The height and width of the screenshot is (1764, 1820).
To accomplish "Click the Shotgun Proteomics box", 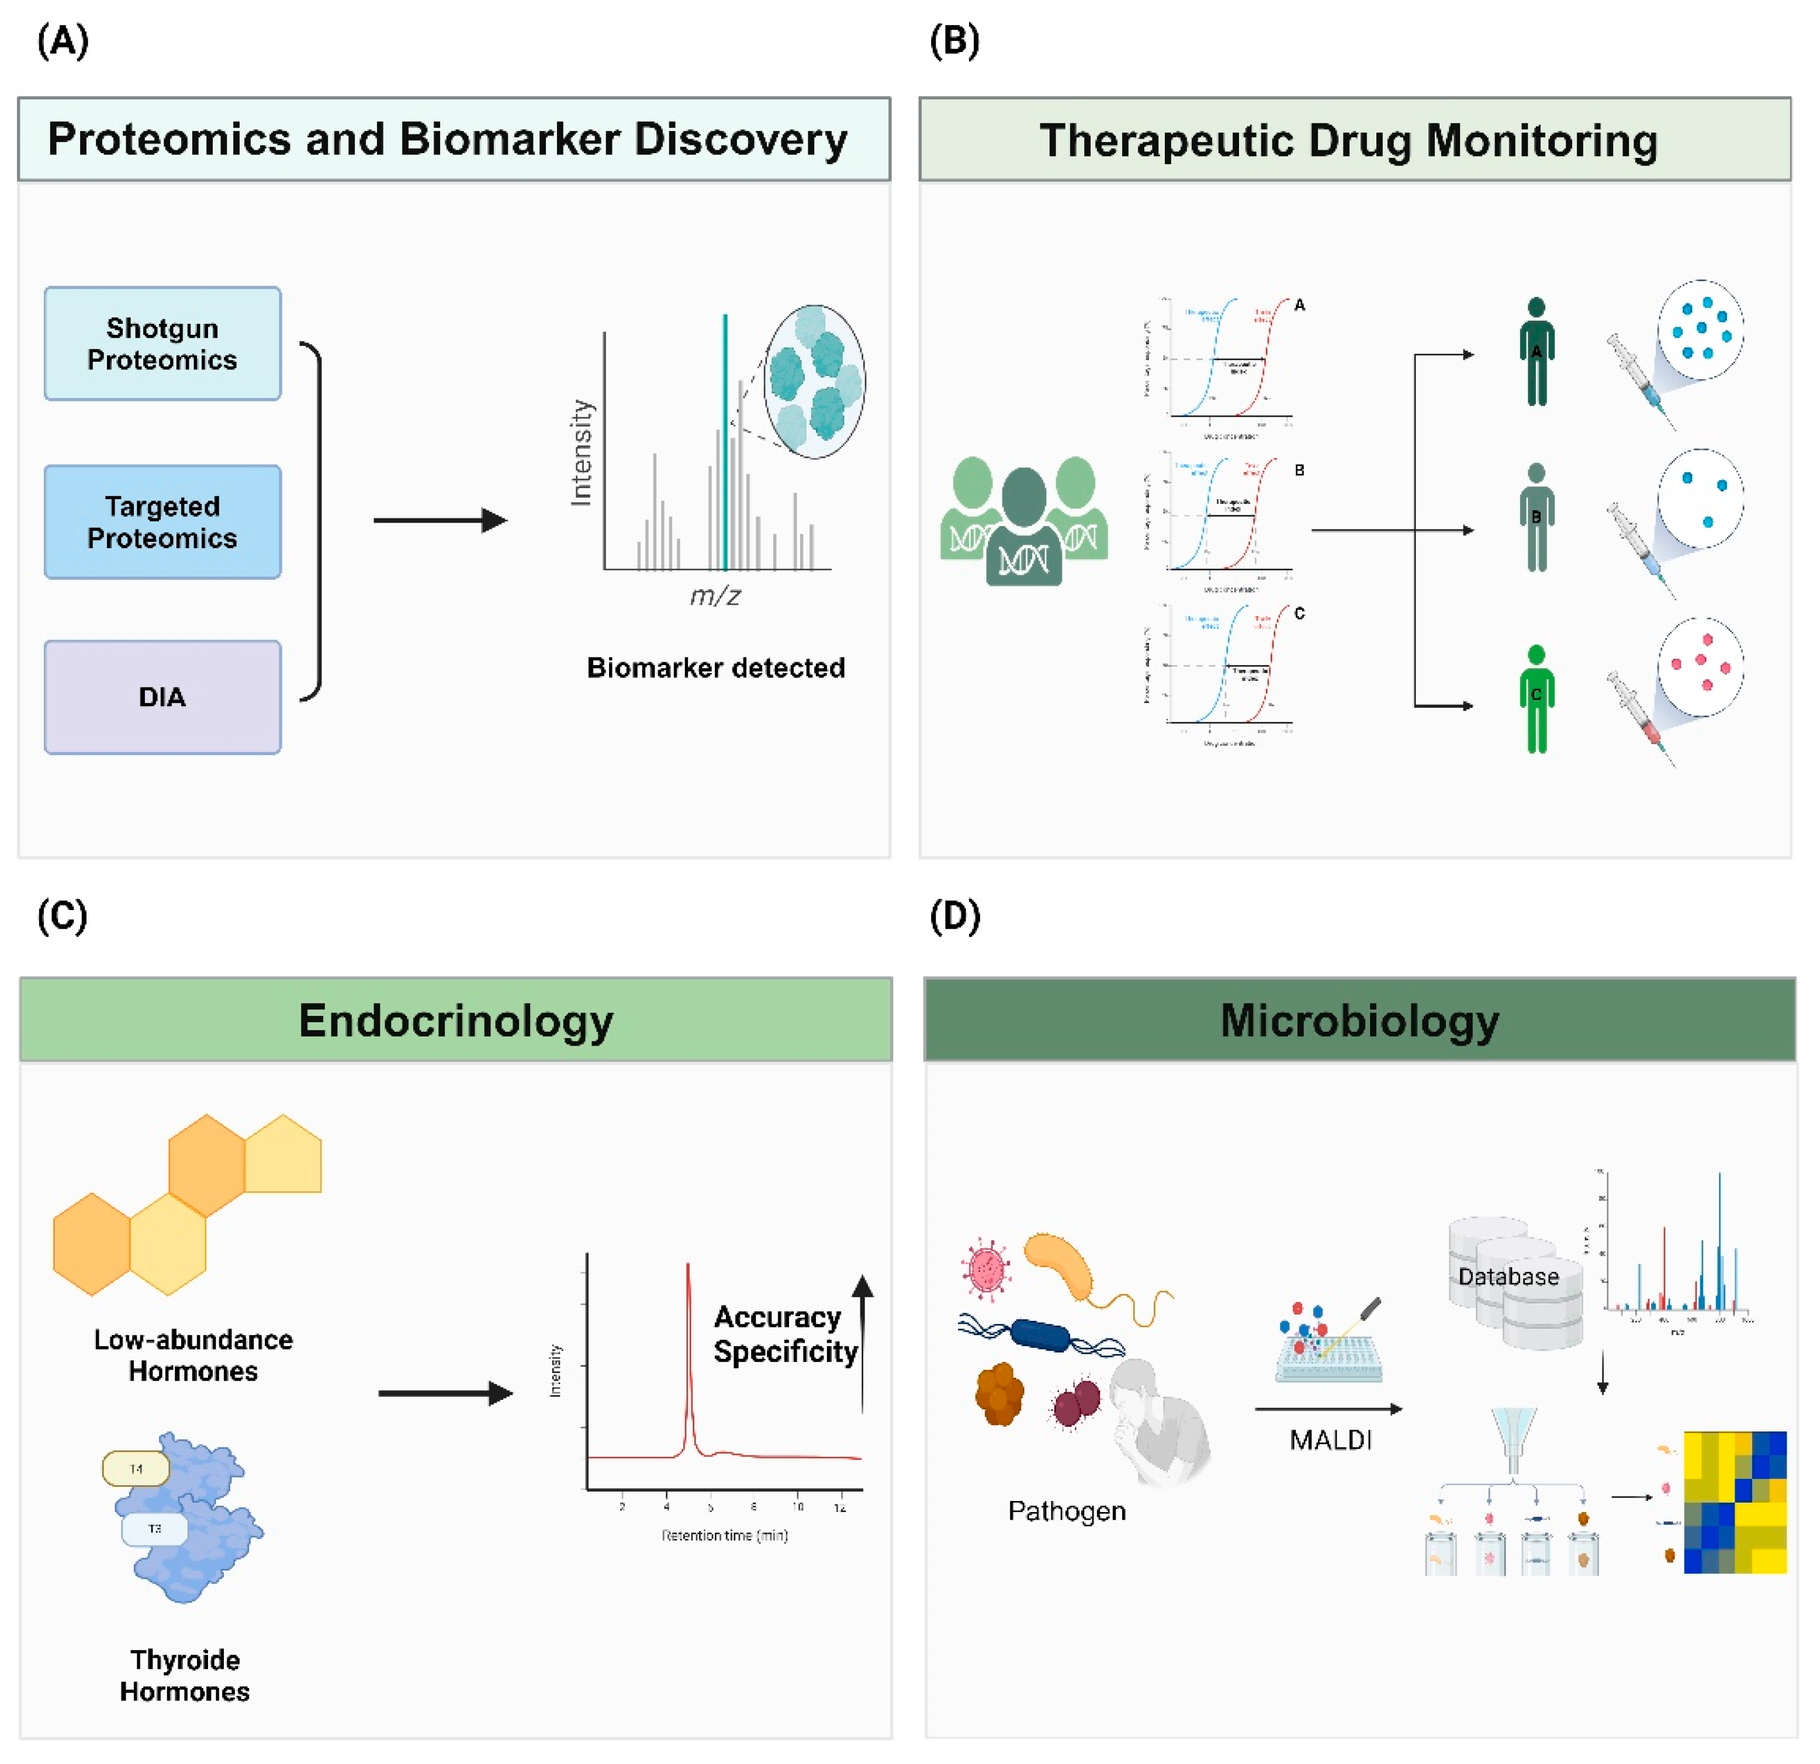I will pos(162,344).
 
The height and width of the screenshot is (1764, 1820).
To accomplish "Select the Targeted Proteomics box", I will pos(162,522).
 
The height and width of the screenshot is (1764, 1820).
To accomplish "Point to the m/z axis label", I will pos(715,595).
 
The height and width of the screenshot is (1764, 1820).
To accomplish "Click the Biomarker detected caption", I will pos(716,667).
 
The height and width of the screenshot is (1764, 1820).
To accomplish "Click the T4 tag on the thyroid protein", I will pos(136,1469).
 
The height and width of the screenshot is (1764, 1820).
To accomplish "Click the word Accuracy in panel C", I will pos(777,1316).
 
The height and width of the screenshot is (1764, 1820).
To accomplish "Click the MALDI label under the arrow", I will pos(1330,1440).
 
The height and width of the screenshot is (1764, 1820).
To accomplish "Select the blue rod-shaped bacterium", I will pos(1040,1334).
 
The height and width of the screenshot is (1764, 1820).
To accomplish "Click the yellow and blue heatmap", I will pos(1735,1502).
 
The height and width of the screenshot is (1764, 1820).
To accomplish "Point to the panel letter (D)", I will pos(954,916).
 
